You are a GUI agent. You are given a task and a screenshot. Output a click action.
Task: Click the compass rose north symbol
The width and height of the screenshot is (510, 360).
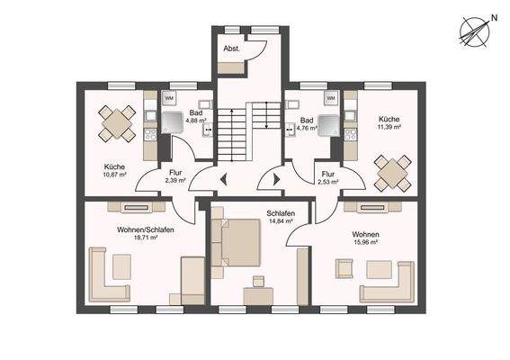474,32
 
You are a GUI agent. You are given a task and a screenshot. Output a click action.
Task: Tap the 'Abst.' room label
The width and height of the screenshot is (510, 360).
231,49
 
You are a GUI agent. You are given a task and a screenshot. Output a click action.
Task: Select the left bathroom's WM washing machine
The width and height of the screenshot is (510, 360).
169,98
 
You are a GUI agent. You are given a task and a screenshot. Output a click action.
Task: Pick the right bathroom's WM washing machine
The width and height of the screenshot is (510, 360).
330,98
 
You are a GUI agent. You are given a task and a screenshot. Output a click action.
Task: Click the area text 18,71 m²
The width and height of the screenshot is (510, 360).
146,238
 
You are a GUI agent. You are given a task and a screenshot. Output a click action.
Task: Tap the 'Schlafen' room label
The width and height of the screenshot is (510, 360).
281,213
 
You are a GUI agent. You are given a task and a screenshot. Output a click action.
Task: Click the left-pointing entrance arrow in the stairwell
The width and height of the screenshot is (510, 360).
223,179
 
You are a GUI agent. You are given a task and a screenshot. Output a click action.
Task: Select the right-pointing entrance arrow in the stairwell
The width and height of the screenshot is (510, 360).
276,179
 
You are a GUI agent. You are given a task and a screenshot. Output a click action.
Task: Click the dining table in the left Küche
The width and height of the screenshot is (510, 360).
117,123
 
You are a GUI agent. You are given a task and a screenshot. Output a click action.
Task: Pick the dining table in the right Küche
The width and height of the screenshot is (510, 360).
393,174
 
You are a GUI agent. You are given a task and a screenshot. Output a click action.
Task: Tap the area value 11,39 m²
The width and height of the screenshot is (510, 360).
389,127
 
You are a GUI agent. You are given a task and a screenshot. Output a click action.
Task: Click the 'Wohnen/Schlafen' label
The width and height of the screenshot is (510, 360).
146,229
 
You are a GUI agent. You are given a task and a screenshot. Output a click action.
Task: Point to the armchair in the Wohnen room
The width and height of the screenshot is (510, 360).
344,268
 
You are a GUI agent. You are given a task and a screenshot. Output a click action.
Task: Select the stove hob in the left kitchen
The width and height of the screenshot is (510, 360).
150,134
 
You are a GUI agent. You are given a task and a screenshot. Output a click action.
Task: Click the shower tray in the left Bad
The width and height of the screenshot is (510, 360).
172,122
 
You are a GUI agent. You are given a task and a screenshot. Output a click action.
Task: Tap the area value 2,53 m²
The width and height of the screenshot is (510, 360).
328,182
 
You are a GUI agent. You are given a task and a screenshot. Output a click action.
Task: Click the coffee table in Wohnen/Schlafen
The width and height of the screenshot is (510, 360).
122,267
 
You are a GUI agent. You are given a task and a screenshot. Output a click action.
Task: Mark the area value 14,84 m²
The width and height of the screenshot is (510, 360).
281,221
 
